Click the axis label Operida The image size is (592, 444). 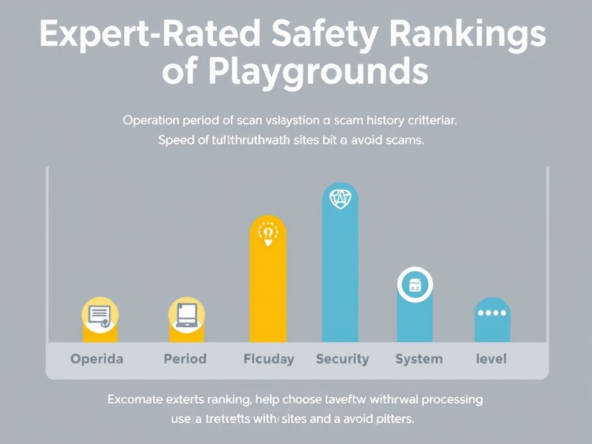pyautogui.click(x=97, y=359)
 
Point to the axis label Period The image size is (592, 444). pyautogui.click(x=185, y=359)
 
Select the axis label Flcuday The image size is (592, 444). pyautogui.click(x=269, y=359)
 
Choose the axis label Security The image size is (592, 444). pyautogui.click(x=342, y=359)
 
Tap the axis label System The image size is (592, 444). pyautogui.click(x=419, y=359)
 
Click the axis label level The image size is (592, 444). pyautogui.click(x=491, y=359)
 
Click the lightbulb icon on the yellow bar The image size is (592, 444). pyautogui.click(x=268, y=234)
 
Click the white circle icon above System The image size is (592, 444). pyautogui.click(x=415, y=285)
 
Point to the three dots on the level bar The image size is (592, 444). pyautogui.click(x=492, y=313)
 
